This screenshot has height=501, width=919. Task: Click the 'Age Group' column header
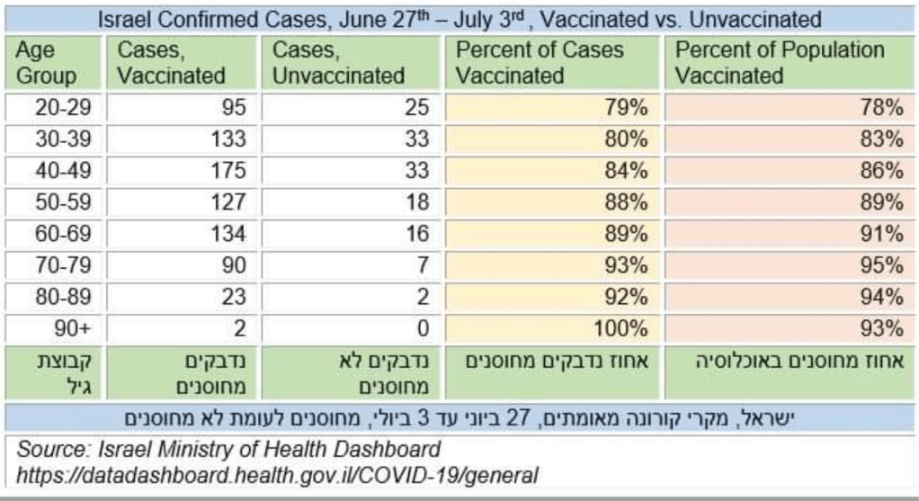coord(47,63)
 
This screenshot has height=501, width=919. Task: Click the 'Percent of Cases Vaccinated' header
coord(539,63)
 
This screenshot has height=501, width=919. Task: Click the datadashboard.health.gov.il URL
coord(279,475)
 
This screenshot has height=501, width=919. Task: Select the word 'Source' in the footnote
coord(49,449)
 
